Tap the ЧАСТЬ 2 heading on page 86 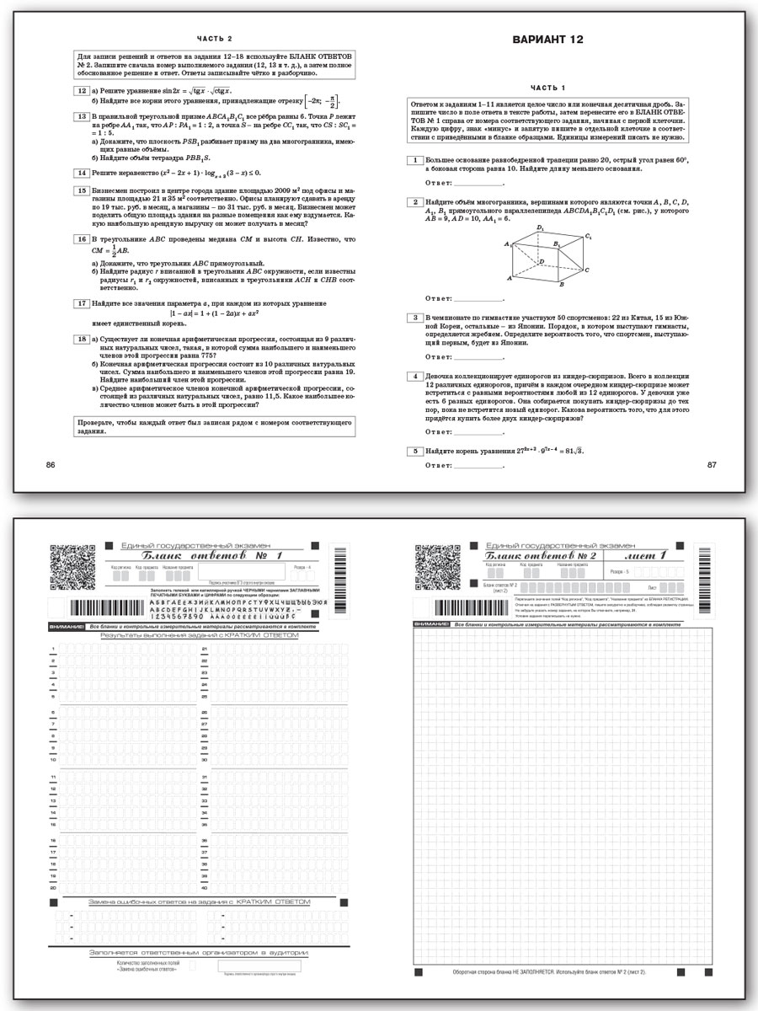[214, 38]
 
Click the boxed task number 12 [82, 90]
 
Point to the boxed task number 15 [82, 191]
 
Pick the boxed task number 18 [82, 339]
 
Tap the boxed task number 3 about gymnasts [415, 318]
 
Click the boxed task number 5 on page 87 [415, 451]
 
